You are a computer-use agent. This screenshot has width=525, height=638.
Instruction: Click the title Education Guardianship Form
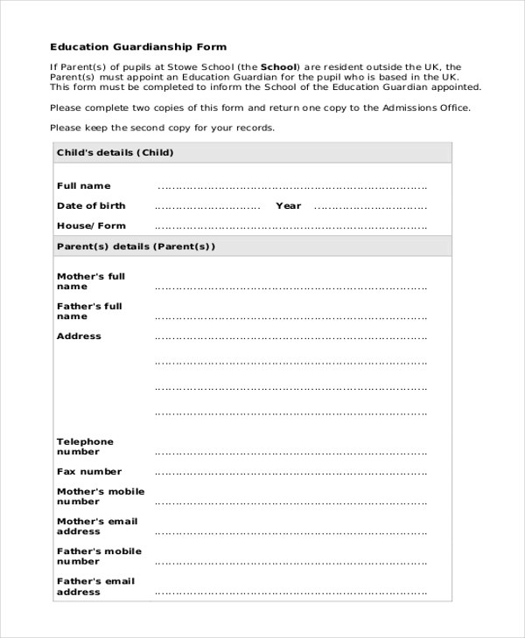(137, 46)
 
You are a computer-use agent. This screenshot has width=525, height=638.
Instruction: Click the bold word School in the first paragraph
(279, 66)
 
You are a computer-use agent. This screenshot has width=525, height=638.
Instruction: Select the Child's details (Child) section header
(115, 152)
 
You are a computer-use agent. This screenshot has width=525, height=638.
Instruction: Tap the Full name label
(83, 185)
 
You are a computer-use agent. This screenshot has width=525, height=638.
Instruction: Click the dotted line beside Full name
(291, 186)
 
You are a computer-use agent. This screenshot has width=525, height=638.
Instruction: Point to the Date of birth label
(91, 205)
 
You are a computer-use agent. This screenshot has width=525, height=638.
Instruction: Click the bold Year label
(288, 205)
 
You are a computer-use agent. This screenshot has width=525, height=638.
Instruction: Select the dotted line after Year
(370, 207)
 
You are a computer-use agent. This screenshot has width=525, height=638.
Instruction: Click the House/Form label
(91, 225)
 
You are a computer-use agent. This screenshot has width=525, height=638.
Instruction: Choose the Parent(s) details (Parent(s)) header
(136, 246)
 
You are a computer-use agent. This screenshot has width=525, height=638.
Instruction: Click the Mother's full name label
(91, 281)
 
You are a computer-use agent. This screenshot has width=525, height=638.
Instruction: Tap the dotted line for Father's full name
(291, 317)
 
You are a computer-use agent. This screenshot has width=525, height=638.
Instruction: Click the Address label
(79, 336)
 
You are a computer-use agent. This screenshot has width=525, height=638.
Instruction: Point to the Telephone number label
(85, 447)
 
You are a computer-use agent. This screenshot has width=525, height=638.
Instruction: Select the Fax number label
(89, 471)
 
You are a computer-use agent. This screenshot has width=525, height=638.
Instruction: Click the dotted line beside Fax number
(291, 473)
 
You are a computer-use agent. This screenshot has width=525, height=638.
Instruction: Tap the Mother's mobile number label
(101, 496)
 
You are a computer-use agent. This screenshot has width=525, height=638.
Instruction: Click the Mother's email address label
(97, 526)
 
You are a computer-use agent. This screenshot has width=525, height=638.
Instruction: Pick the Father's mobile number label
(99, 556)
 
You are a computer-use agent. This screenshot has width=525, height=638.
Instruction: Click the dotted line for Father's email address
(291, 593)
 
